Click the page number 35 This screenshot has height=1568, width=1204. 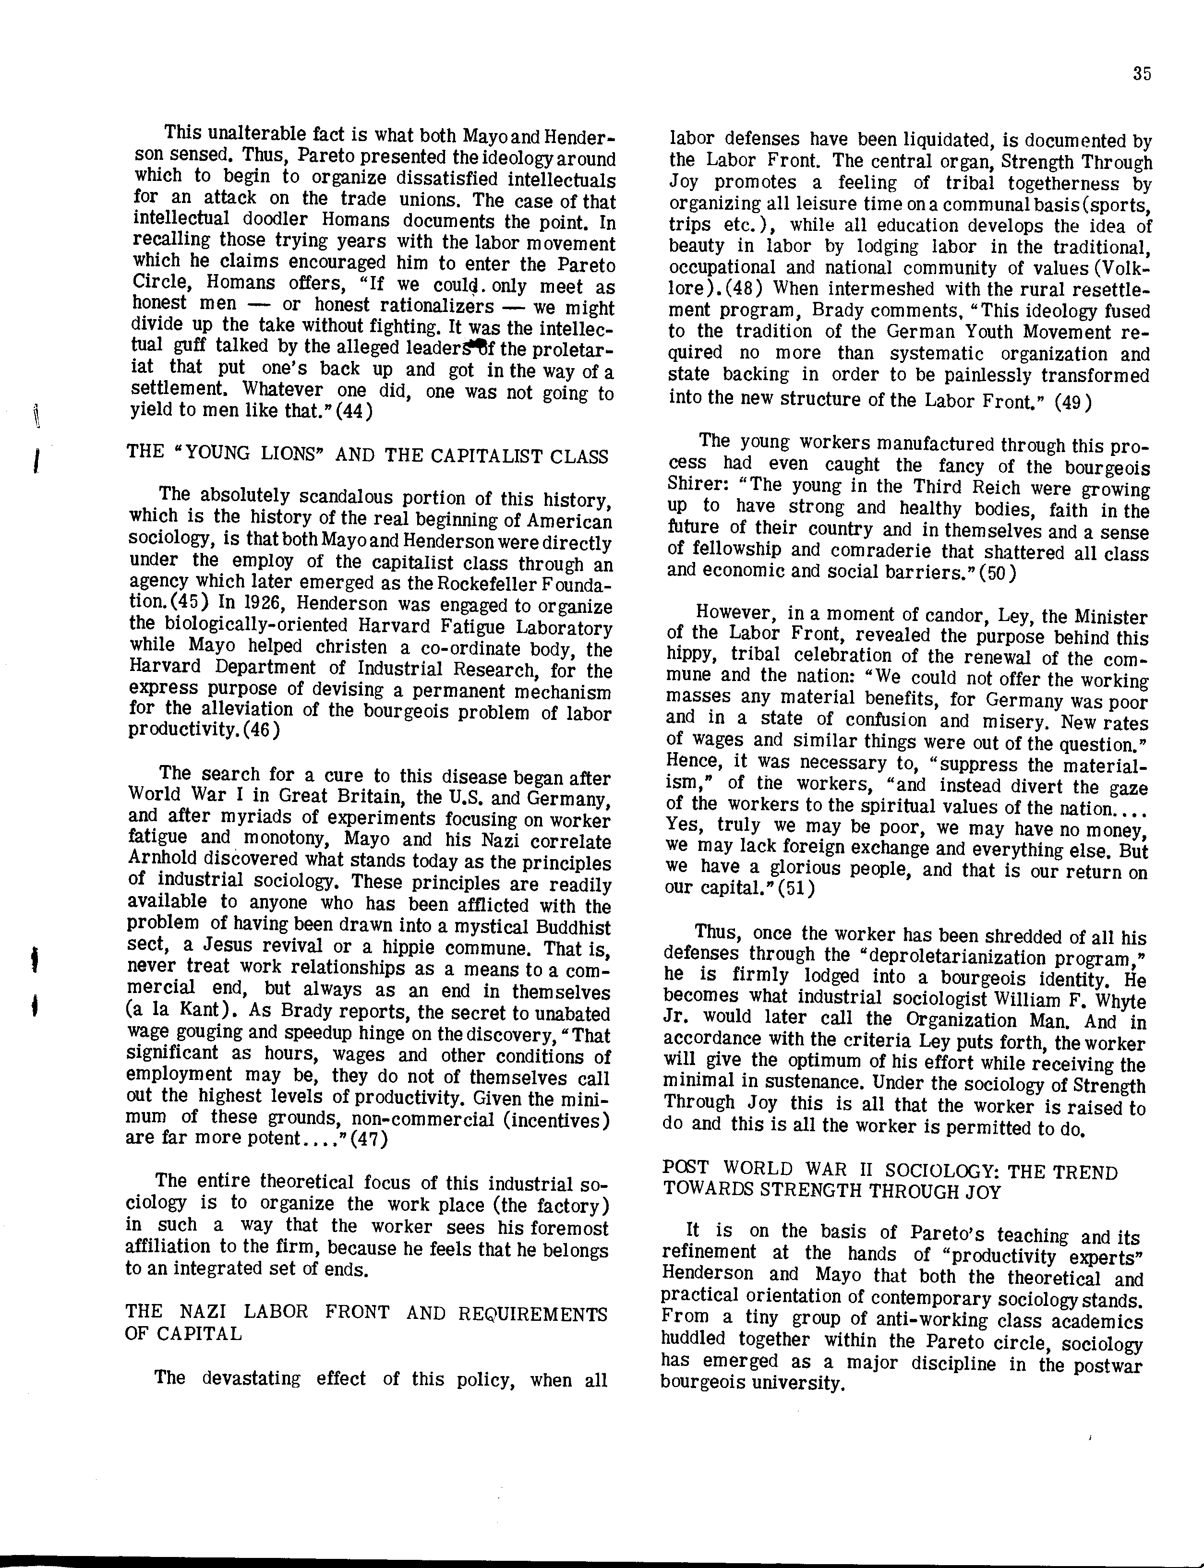(1143, 74)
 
